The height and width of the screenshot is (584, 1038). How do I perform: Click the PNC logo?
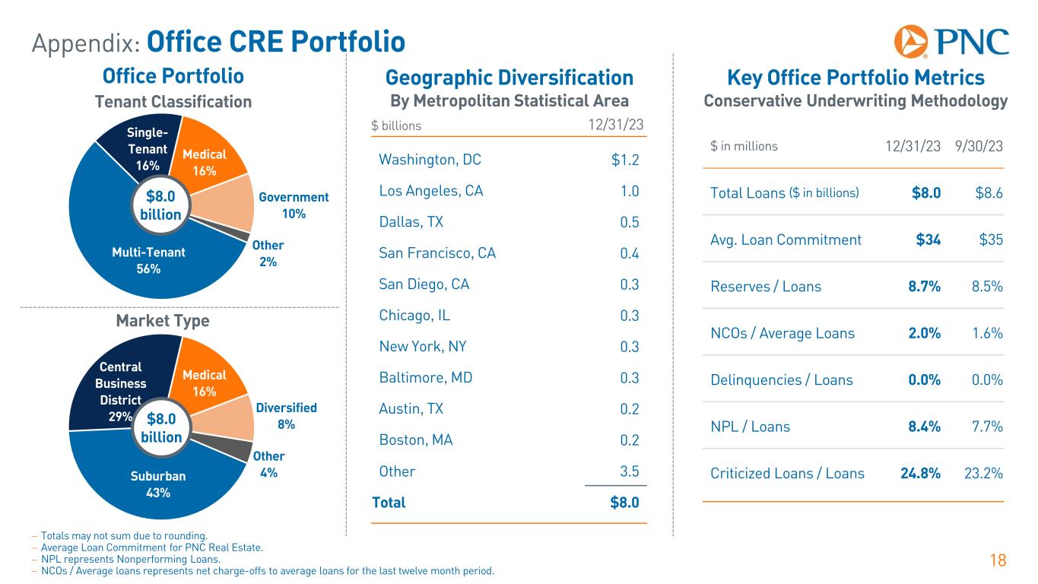(x=951, y=41)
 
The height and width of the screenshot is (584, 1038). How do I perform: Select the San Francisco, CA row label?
(x=437, y=253)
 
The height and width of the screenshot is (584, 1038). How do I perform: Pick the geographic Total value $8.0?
(x=624, y=503)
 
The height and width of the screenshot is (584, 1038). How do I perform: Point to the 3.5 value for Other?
(x=629, y=471)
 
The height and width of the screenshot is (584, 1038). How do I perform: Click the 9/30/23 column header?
(x=979, y=145)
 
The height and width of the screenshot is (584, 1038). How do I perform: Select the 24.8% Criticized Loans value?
(x=920, y=473)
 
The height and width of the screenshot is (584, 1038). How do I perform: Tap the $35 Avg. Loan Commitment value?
(x=989, y=240)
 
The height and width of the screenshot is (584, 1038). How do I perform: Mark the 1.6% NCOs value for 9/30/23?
(x=988, y=333)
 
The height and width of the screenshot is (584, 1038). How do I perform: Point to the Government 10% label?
(x=294, y=205)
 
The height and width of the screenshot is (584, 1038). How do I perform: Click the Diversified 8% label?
(x=287, y=416)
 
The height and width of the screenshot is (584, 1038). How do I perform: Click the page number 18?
(x=998, y=561)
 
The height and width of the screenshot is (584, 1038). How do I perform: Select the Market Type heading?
(x=162, y=322)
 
